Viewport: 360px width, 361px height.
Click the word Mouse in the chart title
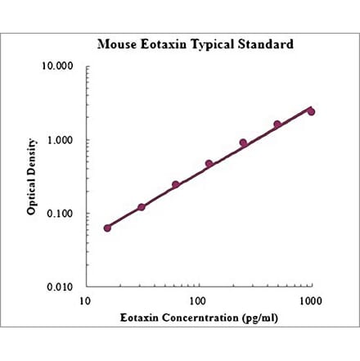pos(117,43)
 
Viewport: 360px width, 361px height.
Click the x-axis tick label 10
pos(84,301)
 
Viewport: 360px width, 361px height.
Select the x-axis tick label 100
pos(197,301)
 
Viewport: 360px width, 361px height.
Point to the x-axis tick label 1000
pos(310,301)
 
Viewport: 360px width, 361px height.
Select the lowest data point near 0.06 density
pos(107,228)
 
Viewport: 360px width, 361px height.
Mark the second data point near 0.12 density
pos(142,207)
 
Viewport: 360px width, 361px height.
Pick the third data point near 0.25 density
pos(175,185)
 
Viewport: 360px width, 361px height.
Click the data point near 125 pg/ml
pos(209,164)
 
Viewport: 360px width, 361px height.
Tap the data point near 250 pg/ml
pos(243,142)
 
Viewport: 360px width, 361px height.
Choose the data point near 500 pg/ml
pos(277,124)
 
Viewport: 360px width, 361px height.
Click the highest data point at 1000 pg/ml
pos(311,111)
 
